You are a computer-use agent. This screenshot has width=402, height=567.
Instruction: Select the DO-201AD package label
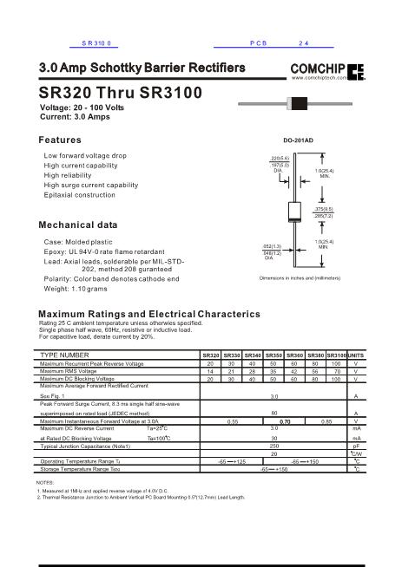299,140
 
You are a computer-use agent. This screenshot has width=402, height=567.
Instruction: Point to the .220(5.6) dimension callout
278,160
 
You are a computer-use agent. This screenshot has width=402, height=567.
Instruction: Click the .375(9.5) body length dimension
324,209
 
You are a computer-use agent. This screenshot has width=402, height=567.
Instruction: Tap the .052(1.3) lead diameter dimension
271,246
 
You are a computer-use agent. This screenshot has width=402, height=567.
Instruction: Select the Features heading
61,140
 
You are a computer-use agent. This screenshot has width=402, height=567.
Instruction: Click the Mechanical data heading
79,225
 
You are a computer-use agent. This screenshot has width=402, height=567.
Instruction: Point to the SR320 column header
210,355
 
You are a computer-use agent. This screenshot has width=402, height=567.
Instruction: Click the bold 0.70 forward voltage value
283,420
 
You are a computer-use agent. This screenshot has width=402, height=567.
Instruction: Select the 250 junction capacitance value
274,445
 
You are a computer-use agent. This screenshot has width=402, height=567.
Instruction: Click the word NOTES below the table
45,481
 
